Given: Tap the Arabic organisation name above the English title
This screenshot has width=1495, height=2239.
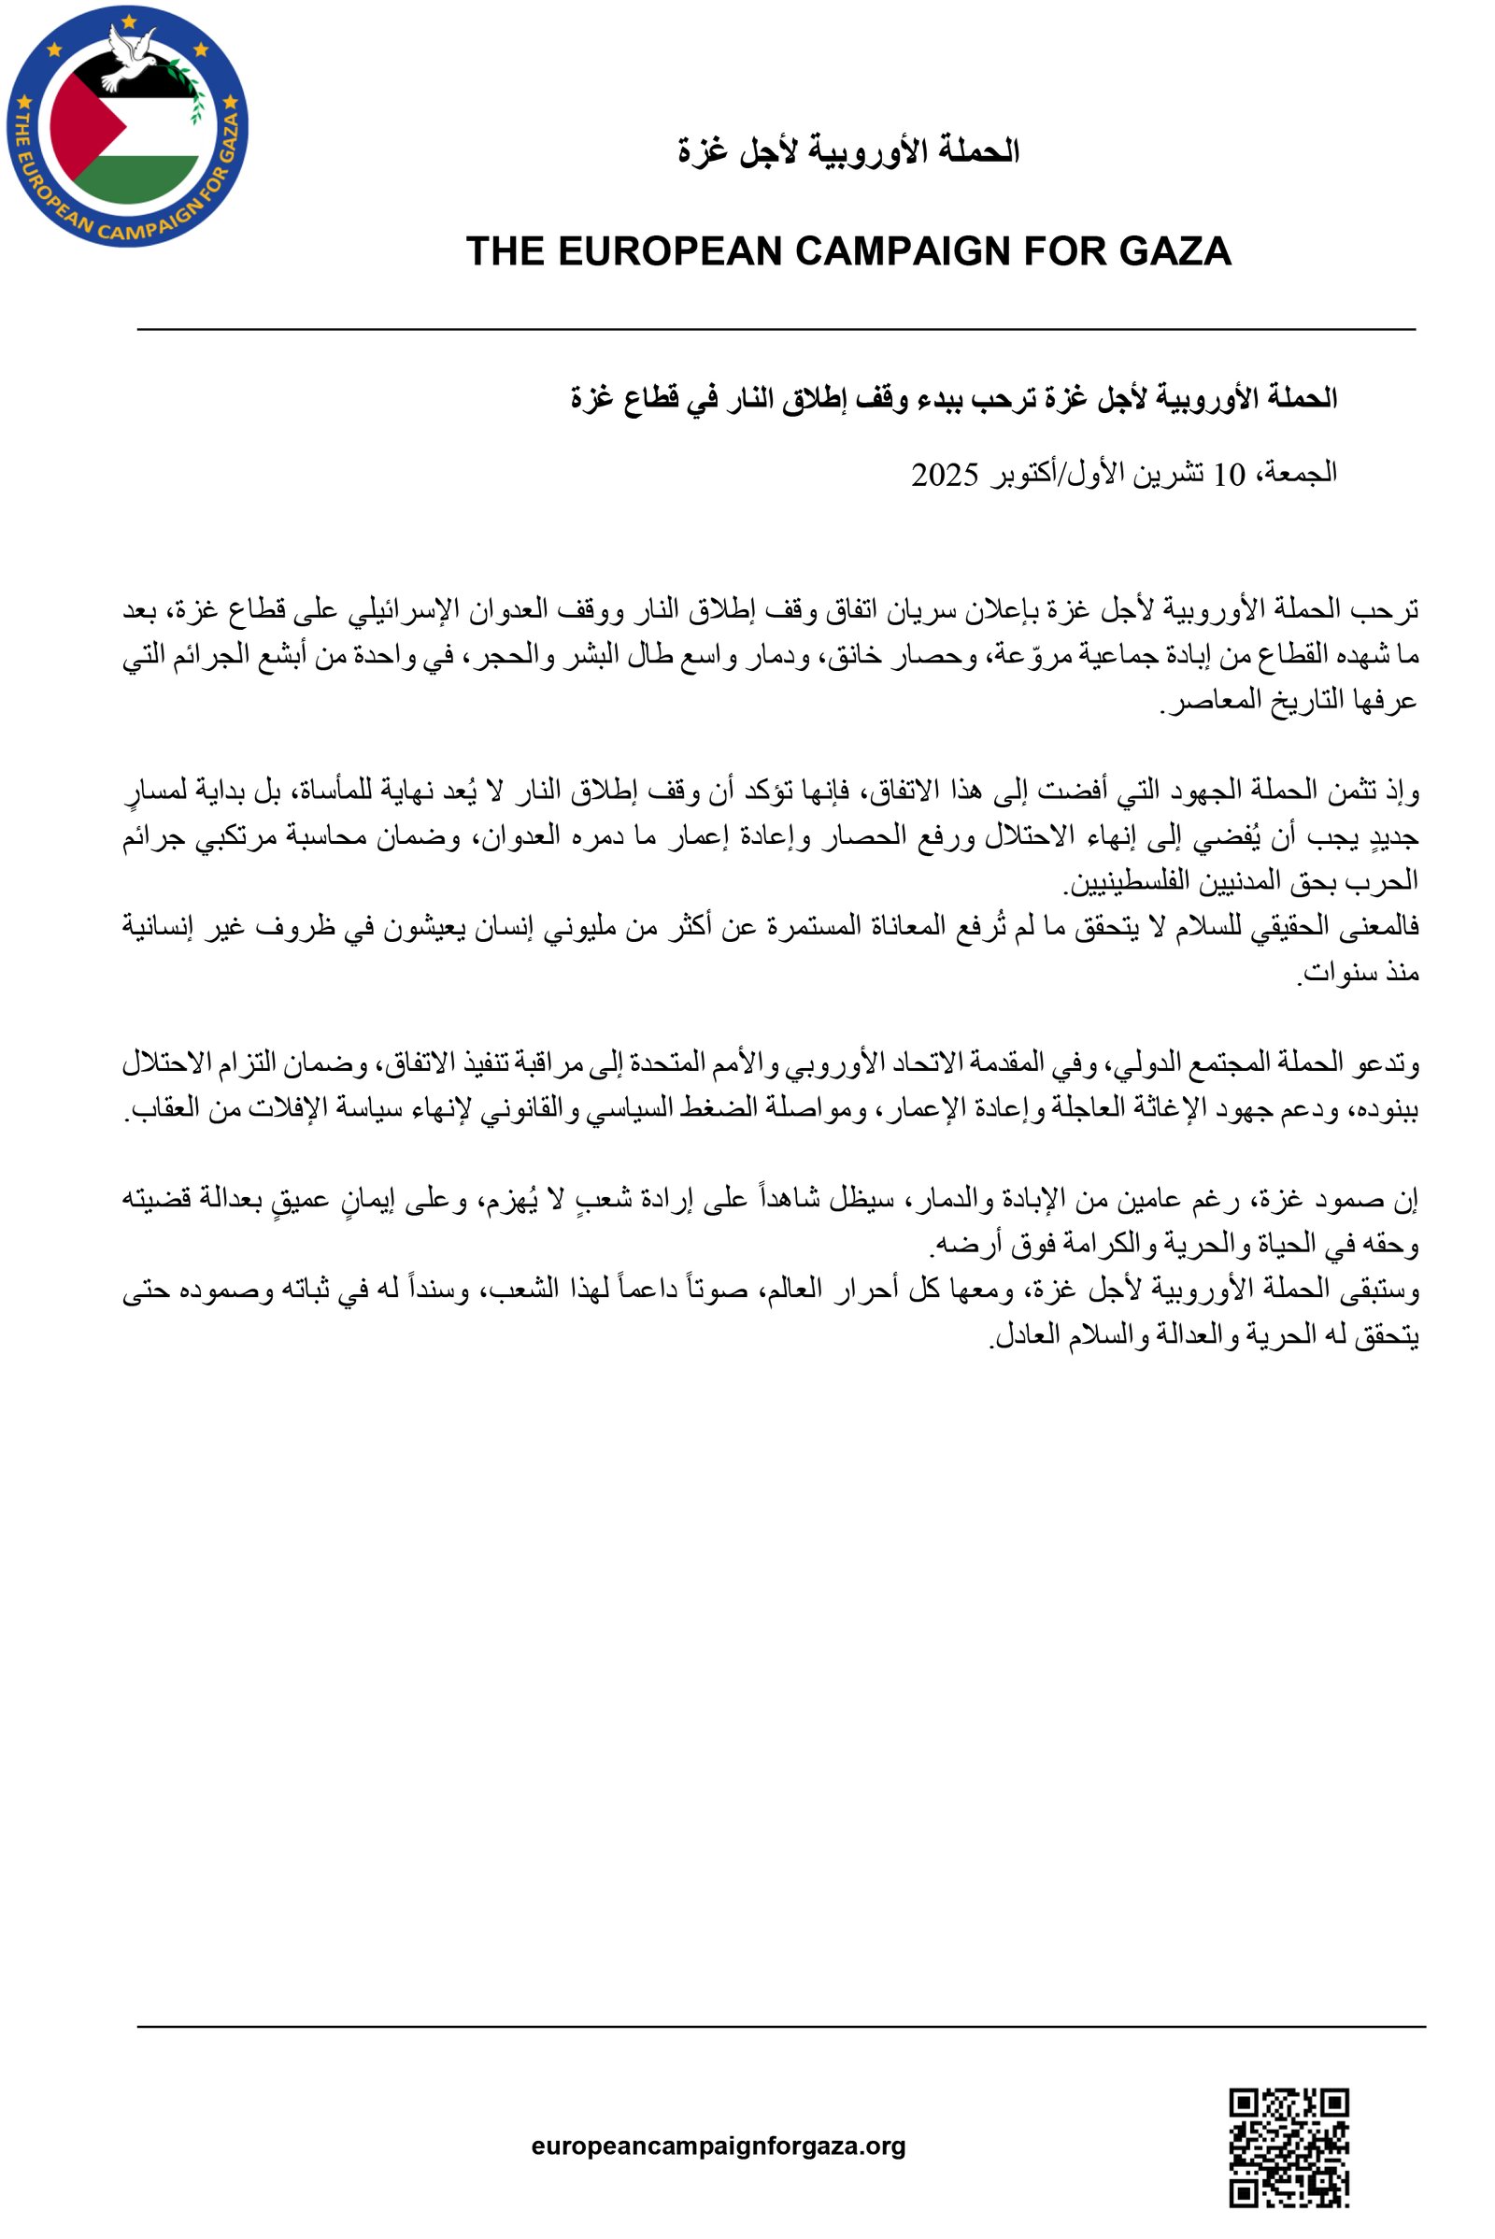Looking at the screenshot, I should pos(848,150).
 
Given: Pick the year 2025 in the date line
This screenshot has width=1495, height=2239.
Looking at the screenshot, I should pos(944,474).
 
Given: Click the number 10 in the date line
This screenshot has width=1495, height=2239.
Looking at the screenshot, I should pos(1229,474).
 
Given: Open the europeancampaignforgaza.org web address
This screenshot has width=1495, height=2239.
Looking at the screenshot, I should pos(718,2146).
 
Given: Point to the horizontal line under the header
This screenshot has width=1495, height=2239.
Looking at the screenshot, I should pos(776,329).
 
